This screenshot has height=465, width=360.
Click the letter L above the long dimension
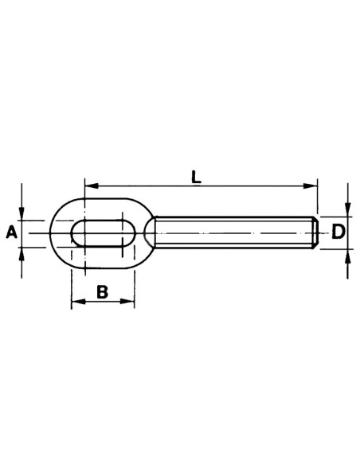[x=196, y=177]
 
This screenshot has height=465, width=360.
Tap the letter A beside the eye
[x=11, y=232]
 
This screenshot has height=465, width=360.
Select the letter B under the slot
[x=102, y=292]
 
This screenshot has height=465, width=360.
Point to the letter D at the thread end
[x=338, y=232]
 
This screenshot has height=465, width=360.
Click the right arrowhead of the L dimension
[x=313, y=186]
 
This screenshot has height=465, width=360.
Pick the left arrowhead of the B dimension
[x=76, y=302]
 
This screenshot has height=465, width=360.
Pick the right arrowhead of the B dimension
[x=130, y=302]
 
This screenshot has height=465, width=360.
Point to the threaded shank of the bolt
[x=231, y=232]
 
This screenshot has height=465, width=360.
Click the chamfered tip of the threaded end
[x=315, y=232]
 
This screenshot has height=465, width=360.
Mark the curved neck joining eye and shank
[x=150, y=232]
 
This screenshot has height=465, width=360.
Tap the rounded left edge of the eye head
[x=51, y=232]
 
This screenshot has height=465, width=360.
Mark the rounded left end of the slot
[x=73, y=233]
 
